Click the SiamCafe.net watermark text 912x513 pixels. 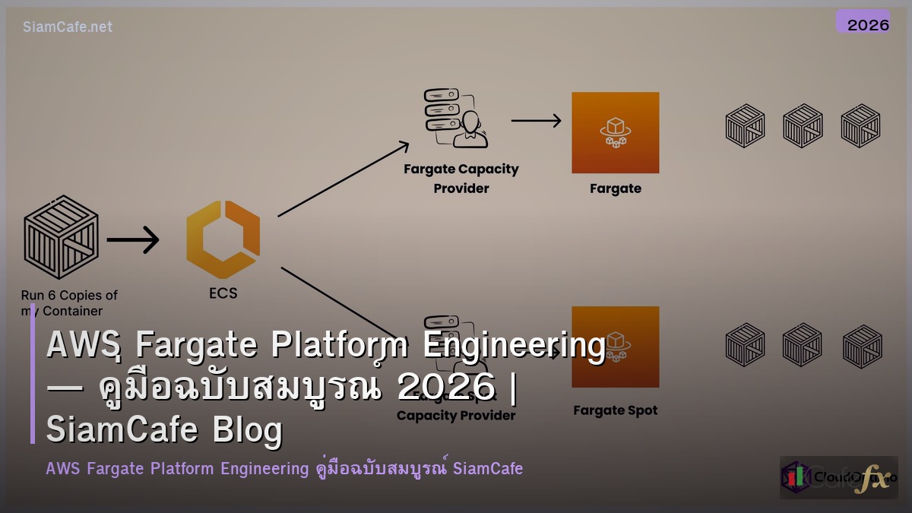point(68,27)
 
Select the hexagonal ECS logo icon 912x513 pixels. point(223,239)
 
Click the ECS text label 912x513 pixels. point(223,293)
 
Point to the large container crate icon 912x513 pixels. point(61,238)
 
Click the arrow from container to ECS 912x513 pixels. point(133,240)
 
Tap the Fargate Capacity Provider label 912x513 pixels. point(461,179)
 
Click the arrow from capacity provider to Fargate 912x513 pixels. point(536,120)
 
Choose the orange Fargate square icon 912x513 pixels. point(615,132)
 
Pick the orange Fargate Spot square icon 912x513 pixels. point(615,346)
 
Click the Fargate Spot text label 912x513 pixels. point(615,410)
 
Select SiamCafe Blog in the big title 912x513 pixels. point(164,430)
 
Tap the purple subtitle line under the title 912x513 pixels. point(284,468)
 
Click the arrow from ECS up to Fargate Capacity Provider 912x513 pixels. point(344,179)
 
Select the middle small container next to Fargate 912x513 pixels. point(803,125)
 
